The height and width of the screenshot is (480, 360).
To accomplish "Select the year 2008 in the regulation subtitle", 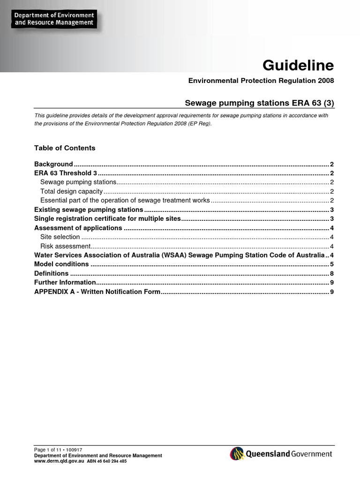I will pyautogui.click(x=326, y=81).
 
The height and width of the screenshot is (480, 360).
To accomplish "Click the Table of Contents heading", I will pyautogui.click(x=65, y=148).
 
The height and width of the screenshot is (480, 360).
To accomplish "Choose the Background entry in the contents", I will pyautogui.click(x=54, y=164).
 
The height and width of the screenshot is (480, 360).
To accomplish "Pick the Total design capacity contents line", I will pyautogui.click(x=71, y=191).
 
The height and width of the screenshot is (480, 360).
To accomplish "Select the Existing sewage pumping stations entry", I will pyautogui.click(x=89, y=210).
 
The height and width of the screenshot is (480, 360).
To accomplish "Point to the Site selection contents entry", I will pyautogui.click(x=60, y=237).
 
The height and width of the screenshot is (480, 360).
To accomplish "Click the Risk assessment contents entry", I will pyautogui.click(x=65, y=246).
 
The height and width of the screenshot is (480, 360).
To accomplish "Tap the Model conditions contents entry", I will pyautogui.click(x=61, y=264).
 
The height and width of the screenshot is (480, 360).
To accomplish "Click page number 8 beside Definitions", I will pyautogui.click(x=331, y=273).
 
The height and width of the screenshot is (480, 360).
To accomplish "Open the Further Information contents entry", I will pyautogui.click(x=65, y=283).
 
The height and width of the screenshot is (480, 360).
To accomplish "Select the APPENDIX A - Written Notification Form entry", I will pyautogui.click(x=97, y=292).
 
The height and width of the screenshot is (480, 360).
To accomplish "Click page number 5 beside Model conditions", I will pyautogui.click(x=331, y=264).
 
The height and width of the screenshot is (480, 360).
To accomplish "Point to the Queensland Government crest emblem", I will pyautogui.click(x=237, y=454).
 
